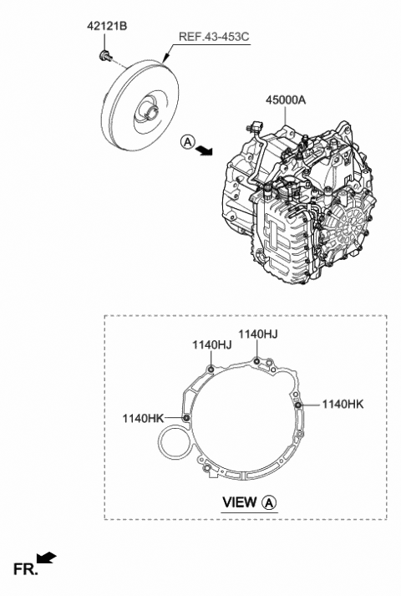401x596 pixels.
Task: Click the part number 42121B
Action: click(106, 27)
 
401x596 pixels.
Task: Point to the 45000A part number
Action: click(287, 99)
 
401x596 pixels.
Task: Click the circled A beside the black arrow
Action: click(187, 143)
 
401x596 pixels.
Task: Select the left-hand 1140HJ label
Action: click(211, 343)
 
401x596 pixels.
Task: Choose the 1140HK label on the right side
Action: click(343, 404)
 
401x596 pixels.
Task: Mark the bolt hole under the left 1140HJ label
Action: click(211, 369)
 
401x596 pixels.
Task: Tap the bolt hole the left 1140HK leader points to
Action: click(185, 417)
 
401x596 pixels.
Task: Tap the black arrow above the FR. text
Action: click(47, 555)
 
